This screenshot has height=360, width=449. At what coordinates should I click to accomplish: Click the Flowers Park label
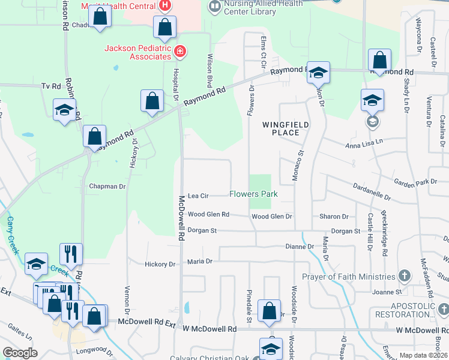(x=253, y=194)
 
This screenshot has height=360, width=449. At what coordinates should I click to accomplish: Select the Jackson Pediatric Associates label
(x=138, y=52)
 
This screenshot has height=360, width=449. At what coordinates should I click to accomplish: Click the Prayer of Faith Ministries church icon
(x=405, y=276)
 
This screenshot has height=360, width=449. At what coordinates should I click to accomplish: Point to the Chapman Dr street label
(x=107, y=187)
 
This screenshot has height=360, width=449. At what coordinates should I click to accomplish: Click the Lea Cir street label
(x=198, y=196)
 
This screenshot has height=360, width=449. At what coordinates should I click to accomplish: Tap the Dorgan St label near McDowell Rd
(x=202, y=230)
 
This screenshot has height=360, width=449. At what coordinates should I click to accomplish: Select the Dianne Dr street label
(x=300, y=247)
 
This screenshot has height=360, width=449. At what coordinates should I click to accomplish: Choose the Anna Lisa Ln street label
(x=367, y=145)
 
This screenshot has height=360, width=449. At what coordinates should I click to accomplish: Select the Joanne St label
(x=387, y=292)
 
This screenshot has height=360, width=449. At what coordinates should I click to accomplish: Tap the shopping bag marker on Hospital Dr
(x=152, y=101)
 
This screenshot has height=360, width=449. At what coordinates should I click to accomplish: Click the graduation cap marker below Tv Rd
(x=65, y=110)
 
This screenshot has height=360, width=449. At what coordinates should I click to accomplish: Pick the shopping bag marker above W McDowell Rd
(x=270, y=311)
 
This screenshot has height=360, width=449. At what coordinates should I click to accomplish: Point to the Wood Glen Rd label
(x=208, y=214)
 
